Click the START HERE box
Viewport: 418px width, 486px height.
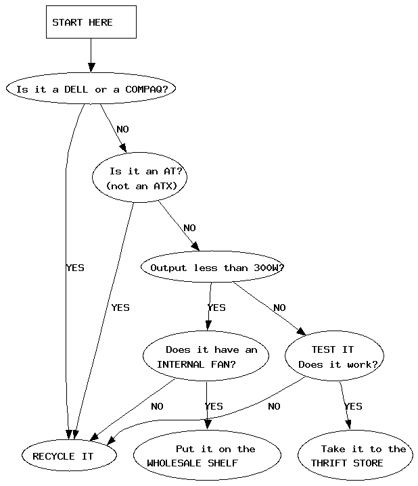[91, 22]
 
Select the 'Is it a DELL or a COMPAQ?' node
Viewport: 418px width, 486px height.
[91, 89]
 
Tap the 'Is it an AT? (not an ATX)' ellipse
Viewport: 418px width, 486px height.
[139, 178]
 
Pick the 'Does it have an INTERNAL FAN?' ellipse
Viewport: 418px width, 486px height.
[206, 357]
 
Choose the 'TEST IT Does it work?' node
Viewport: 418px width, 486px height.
[334, 357]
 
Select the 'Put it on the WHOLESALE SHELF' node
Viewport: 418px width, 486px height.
[208, 456]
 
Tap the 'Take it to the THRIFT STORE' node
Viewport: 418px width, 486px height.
[355, 456]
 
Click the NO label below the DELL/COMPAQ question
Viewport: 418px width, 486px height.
[122, 129]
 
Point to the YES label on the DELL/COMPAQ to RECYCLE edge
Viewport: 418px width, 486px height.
[75, 268]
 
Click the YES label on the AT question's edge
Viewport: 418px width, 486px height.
[120, 308]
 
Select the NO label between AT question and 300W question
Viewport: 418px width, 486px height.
[189, 228]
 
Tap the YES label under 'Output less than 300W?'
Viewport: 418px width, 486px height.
[216, 308]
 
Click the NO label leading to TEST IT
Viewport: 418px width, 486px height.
[279, 308]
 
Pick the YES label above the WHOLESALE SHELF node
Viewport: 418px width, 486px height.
[214, 406]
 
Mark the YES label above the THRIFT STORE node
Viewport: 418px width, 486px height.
[353, 406]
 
